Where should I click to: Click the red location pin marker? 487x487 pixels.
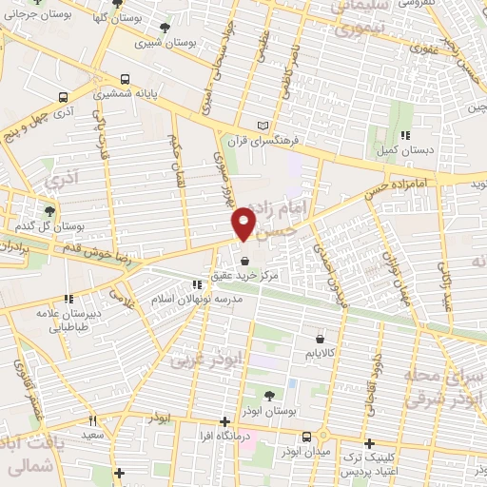pyautogui.click(x=243, y=224)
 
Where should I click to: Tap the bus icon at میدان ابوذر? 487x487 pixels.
pyautogui.click(x=306, y=437)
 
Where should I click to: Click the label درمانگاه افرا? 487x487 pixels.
pyautogui.click(x=224, y=438)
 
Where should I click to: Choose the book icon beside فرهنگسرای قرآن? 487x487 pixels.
pyautogui.click(x=264, y=127)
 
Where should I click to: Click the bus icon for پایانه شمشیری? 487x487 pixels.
pyautogui.click(x=125, y=80)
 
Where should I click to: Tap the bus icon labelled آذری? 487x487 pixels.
pyautogui.click(x=63, y=97)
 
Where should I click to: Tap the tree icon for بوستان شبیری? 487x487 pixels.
pyautogui.click(x=168, y=28)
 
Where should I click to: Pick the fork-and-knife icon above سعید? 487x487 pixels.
pyautogui.click(x=92, y=419)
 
